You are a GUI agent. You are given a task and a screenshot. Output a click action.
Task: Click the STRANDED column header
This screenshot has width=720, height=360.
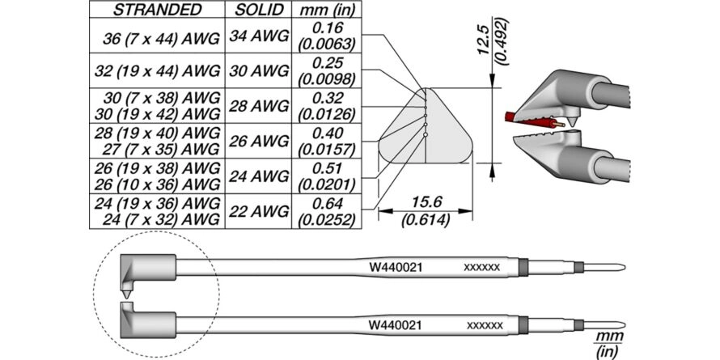point(157,10)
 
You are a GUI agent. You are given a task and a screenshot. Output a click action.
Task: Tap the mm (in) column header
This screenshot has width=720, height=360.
point(326,10)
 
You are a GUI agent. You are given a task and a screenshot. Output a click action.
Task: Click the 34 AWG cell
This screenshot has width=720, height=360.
point(258,36)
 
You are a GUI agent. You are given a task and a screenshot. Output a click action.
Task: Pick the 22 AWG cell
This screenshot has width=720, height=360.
point(258,211)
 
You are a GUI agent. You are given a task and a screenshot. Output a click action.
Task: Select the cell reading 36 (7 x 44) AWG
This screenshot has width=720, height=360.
point(161,40)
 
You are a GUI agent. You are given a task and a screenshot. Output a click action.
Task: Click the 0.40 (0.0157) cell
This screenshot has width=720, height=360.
point(327,141)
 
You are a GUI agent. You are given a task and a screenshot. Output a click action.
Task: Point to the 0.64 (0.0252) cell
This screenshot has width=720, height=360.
point(327,211)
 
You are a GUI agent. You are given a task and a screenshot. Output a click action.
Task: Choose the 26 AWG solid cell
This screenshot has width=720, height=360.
point(258,141)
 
